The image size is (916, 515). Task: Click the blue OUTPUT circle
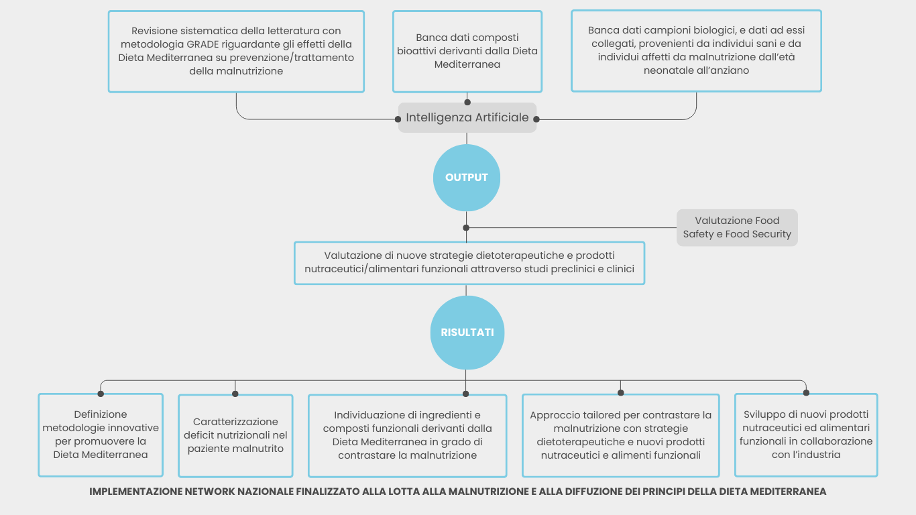467,178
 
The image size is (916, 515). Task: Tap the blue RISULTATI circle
467,333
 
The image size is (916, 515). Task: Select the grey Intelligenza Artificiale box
467,118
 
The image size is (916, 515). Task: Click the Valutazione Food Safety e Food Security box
737,227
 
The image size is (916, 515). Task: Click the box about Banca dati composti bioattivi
467,51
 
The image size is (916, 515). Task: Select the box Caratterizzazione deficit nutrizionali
235,435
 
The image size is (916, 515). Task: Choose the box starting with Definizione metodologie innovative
101,435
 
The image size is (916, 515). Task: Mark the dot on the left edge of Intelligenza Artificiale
398,119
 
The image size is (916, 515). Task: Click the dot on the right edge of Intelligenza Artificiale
536,119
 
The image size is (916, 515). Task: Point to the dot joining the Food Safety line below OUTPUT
466,227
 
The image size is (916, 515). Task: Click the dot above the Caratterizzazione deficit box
235,394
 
